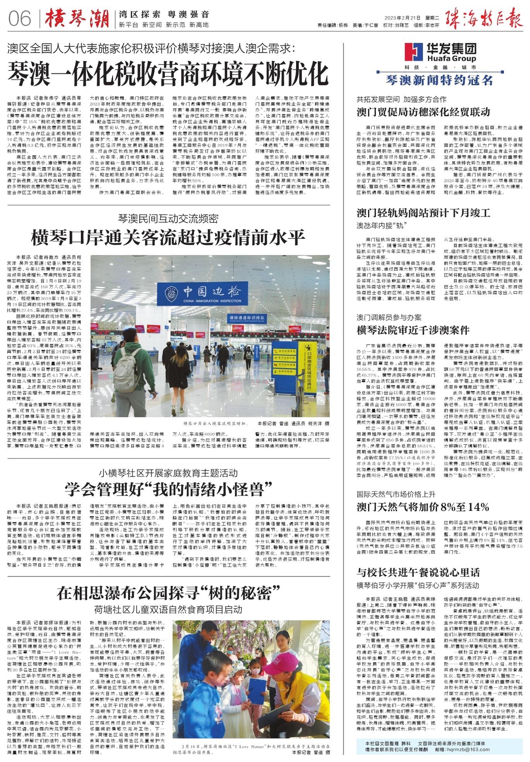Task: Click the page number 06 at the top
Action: [x=20, y=19]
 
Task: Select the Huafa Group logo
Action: [x=441, y=52]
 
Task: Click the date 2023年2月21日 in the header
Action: [x=402, y=18]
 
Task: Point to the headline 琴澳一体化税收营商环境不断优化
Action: [x=168, y=73]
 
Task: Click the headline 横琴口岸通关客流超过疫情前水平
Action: [x=168, y=238]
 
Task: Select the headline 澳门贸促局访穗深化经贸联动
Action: [x=423, y=112]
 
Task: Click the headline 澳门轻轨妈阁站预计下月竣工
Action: [x=423, y=213]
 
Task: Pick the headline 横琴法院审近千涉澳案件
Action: [x=413, y=330]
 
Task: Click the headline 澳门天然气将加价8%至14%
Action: [x=423, y=507]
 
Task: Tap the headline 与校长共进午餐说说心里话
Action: [x=418, y=572]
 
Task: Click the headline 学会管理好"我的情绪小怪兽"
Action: [x=168, y=489]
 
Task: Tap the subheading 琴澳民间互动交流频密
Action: [x=168, y=218]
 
